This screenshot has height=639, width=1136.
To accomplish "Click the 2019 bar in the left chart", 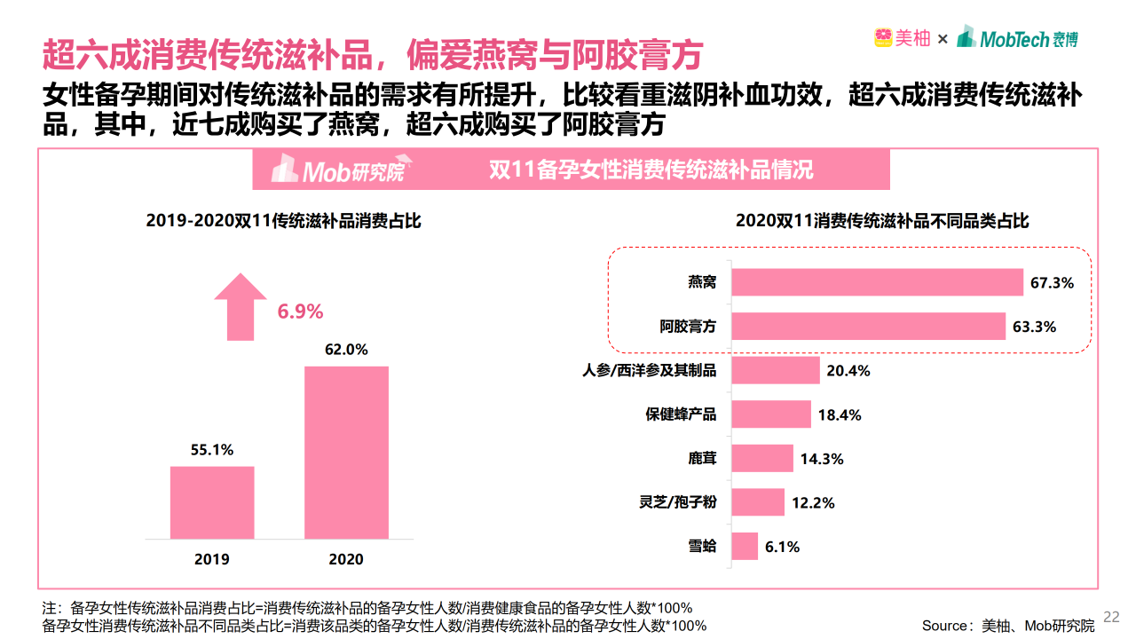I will [x=212, y=502].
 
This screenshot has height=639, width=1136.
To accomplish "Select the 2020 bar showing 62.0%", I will [x=346, y=452].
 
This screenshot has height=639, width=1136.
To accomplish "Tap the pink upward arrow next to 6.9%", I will [x=240, y=306].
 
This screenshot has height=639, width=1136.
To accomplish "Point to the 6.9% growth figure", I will [x=300, y=312].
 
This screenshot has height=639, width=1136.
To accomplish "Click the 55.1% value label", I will [x=212, y=450].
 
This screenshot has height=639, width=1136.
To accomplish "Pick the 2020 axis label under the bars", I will [x=346, y=559].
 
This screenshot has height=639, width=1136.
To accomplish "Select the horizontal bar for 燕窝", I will [x=878, y=282].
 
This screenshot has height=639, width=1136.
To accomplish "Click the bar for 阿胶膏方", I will [x=869, y=327].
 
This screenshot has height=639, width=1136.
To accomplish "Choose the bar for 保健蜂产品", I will [x=771, y=414].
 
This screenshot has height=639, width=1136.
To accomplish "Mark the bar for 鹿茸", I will [x=762, y=459].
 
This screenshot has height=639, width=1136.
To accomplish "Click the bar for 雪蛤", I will [x=745, y=547].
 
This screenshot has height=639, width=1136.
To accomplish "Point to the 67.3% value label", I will [x=1053, y=283].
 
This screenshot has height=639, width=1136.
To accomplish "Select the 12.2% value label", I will [x=813, y=503].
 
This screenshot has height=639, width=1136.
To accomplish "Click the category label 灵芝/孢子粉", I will [x=678, y=503].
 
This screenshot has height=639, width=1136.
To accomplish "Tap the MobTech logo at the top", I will [x=1017, y=38].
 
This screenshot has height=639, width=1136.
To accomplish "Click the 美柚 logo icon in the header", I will [x=883, y=38].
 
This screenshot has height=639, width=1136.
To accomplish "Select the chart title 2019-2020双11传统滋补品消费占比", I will [x=284, y=221].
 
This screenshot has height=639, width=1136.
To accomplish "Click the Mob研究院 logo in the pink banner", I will [x=337, y=170].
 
